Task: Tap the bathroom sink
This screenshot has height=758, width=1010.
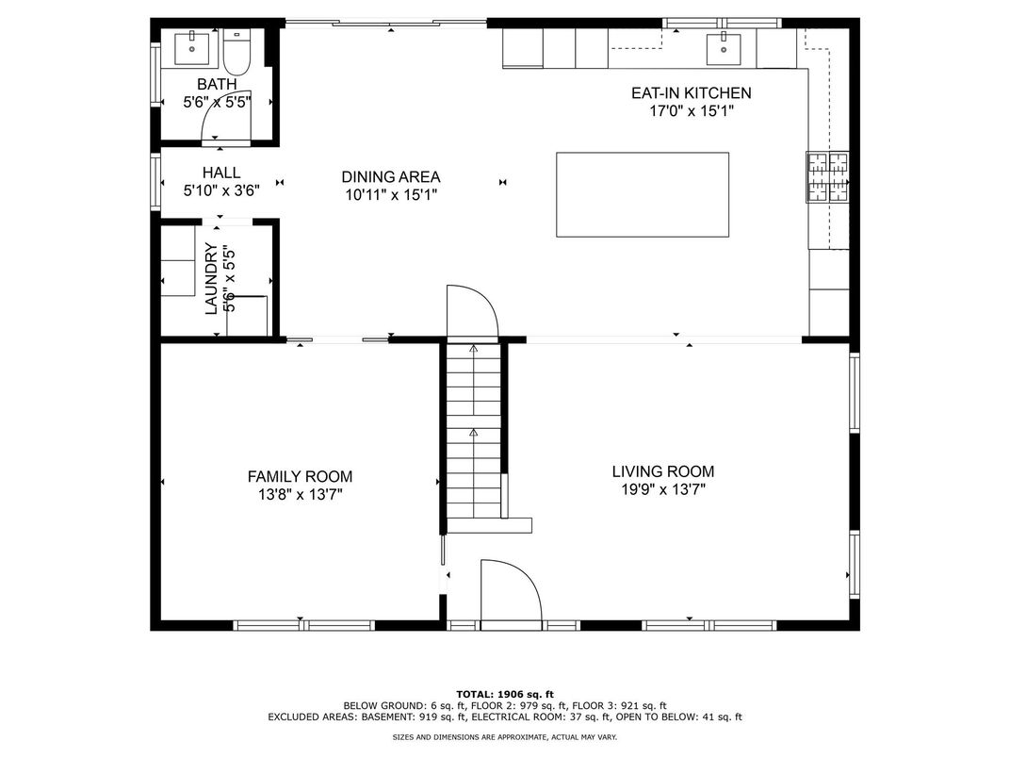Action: (x=192, y=48)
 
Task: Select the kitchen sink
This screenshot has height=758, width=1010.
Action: (x=724, y=48)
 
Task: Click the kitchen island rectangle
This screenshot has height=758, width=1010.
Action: (x=643, y=194)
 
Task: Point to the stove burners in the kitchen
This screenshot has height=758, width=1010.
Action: (x=828, y=176)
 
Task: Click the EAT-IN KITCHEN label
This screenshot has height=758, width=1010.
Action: (x=692, y=92)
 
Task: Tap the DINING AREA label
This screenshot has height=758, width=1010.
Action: (x=391, y=176)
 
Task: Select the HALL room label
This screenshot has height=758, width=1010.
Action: (x=220, y=173)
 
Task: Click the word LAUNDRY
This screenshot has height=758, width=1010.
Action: (x=211, y=278)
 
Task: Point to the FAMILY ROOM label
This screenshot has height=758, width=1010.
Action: (x=301, y=476)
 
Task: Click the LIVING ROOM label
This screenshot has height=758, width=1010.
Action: (x=663, y=471)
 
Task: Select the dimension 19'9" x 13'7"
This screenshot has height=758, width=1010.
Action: (x=663, y=489)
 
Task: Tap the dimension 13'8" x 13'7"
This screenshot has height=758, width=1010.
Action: (x=301, y=494)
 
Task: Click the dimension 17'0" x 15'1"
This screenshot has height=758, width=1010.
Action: (x=692, y=111)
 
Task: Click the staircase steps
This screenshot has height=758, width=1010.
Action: (x=473, y=431)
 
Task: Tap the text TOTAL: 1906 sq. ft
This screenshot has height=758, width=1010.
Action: (x=505, y=694)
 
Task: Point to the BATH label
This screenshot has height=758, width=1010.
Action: (x=217, y=84)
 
